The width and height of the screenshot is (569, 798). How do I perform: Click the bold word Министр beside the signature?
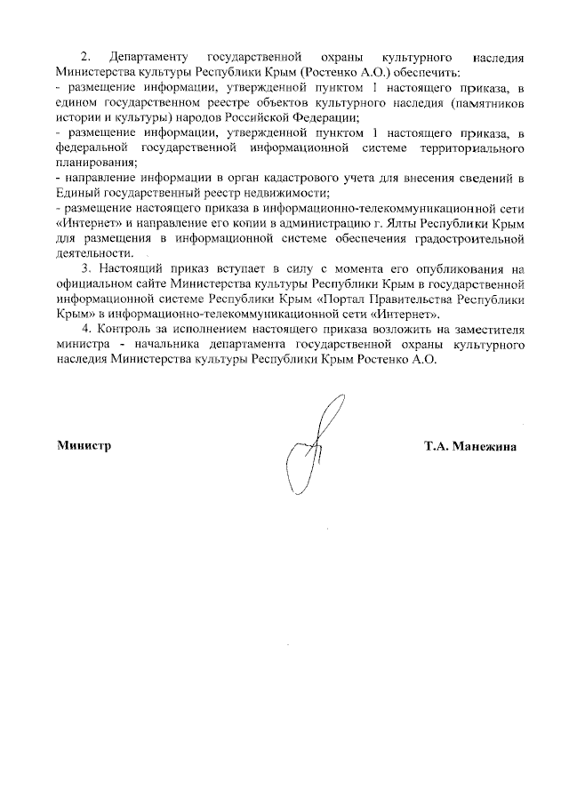click(84, 446)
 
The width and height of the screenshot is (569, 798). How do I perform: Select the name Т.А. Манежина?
click(470, 446)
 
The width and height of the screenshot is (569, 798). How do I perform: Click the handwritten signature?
click(310, 444)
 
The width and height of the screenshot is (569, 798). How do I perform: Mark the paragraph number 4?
click(85, 329)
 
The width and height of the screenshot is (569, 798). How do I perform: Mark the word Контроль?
click(124, 329)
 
